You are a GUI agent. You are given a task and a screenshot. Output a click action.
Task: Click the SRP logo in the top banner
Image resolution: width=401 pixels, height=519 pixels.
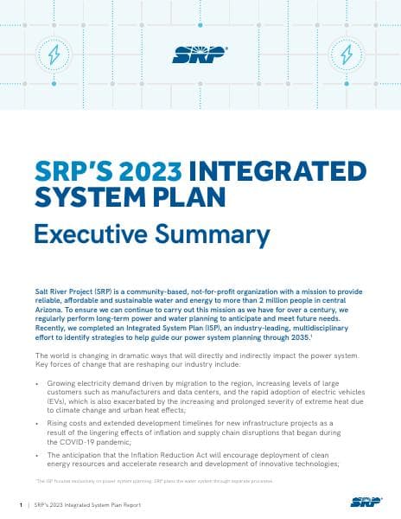pos(200,54)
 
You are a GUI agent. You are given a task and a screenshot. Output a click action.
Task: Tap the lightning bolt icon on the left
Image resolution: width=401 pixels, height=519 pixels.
pos(54,54)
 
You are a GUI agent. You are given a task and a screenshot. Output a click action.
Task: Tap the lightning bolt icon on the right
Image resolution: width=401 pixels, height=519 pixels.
pos(347,54)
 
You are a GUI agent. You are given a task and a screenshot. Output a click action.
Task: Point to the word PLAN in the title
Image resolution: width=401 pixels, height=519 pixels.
pos(188,197)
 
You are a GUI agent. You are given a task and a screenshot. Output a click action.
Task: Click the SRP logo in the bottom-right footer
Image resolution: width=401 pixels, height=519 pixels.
pos(364,502)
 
